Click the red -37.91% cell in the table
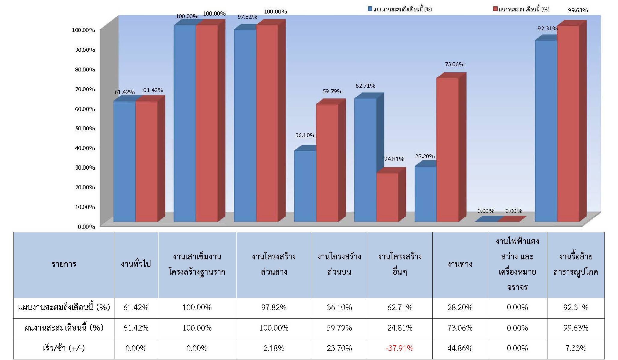pyautogui.click(x=399, y=348)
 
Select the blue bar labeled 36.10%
pyautogui.click(x=305, y=186)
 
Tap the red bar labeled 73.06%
pyautogui.click(x=447, y=150)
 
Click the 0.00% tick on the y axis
pyautogui.click(x=86, y=227)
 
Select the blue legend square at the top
pyautogui.click(x=370, y=9)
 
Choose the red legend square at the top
pyautogui.click(x=495, y=9)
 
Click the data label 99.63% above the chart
pyautogui.click(x=577, y=11)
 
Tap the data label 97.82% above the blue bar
pyautogui.click(x=247, y=17)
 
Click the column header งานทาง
pyautogui.click(x=460, y=264)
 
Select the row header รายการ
pyautogui.click(x=64, y=264)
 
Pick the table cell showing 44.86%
pyautogui.click(x=460, y=348)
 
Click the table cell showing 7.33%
pyautogui.click(x=576, y=348)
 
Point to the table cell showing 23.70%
pyautogui.click(x=339, y=348)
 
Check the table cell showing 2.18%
pyautogui.click(x=274, y=348)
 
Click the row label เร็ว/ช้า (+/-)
pyautogui.click(x=64, y=348)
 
